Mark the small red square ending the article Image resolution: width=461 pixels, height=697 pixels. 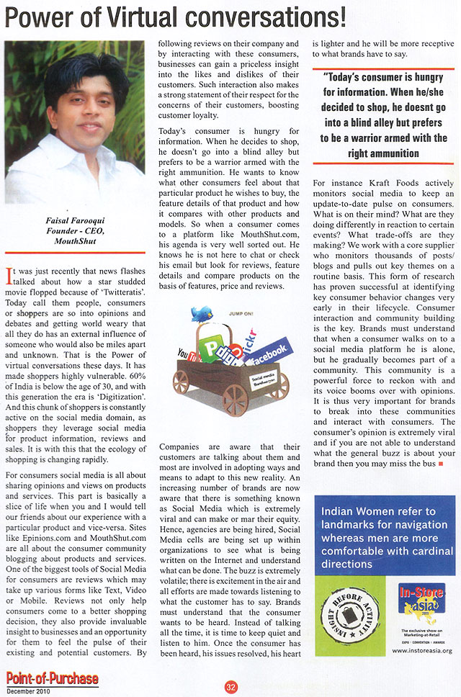(x=439, y=465)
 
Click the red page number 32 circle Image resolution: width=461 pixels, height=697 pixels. (x=230, y=685)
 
